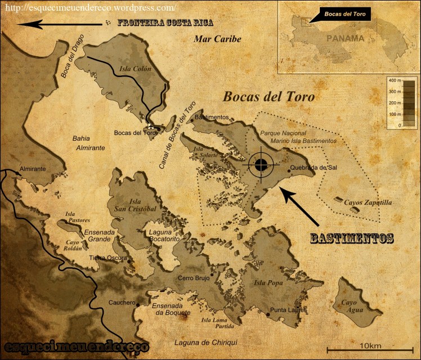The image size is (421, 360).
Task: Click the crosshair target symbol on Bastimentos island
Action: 261,164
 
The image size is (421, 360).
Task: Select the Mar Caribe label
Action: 217,39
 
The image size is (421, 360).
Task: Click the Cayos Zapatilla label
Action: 369,202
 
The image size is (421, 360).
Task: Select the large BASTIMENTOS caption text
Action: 352,238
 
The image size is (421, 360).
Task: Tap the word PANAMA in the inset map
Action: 344,38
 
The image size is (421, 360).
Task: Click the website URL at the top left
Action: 88,7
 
